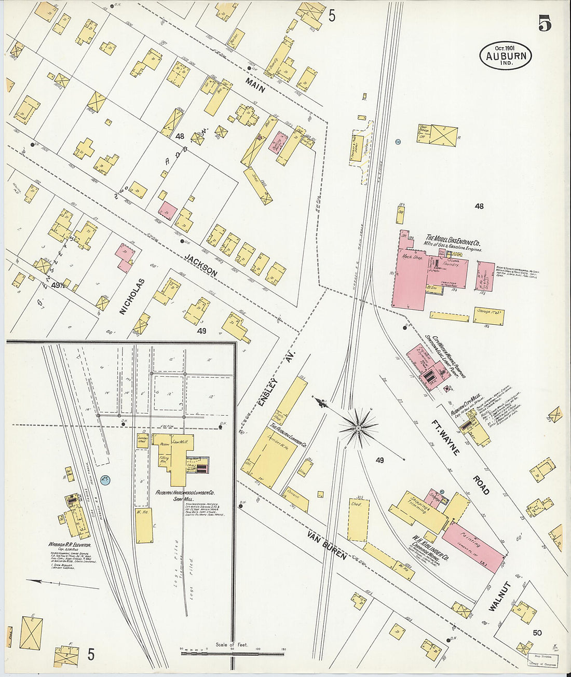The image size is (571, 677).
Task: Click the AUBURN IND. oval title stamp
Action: pyautogui.click(x=506, y=56)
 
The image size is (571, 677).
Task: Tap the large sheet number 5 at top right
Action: pyautogui.click(x=545, y=23)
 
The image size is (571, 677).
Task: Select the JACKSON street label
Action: pyautogui.click(x=201, y=264)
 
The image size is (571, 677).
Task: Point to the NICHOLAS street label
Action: pyautogui.click(x=131, y=296)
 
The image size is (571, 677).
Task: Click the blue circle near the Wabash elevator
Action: pyautogui.click(x=104, y=480)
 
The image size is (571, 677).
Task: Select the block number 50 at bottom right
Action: pyautogui.click(x=536, y=632)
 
